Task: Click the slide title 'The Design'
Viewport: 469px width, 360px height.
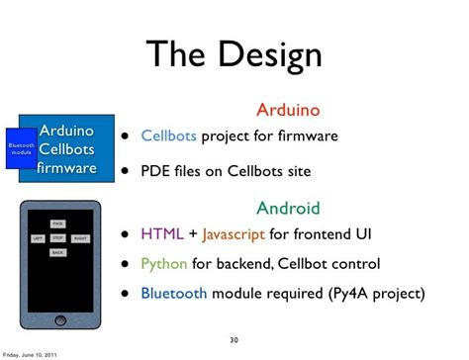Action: pyautogui.click(x=234, y=54)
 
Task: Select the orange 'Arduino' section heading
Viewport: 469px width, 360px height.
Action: pyautogui.click(x=288, y=109)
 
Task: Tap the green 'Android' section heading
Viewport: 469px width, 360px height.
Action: pyautogui.click(x=288, y=208)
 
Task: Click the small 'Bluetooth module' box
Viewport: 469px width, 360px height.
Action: pyautogui.click(x=21, y=148)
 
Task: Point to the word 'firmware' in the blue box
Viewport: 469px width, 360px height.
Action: pyautogui.click(x=66, y=167)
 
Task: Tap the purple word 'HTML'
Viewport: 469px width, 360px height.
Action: pyautogui.click(x=161, y=234)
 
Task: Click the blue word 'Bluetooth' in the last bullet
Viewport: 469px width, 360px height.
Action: pyautogui.click(x=174, y=293)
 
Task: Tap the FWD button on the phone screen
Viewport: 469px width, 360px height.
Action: pyautogui.click(x=57, y=224)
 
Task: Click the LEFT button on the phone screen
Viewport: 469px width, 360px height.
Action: pyautogui.click(x=37, y=238)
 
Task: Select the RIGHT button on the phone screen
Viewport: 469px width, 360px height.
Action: pyautogui.click(x=80, y=238)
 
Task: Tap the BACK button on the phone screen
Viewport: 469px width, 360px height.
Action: pyautogui.click(x=57, y=253)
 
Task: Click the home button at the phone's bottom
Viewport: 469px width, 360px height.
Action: pyautogui.click(x=58, y=316)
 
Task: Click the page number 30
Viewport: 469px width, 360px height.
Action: pyautogui.click(x=234, y=339)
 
